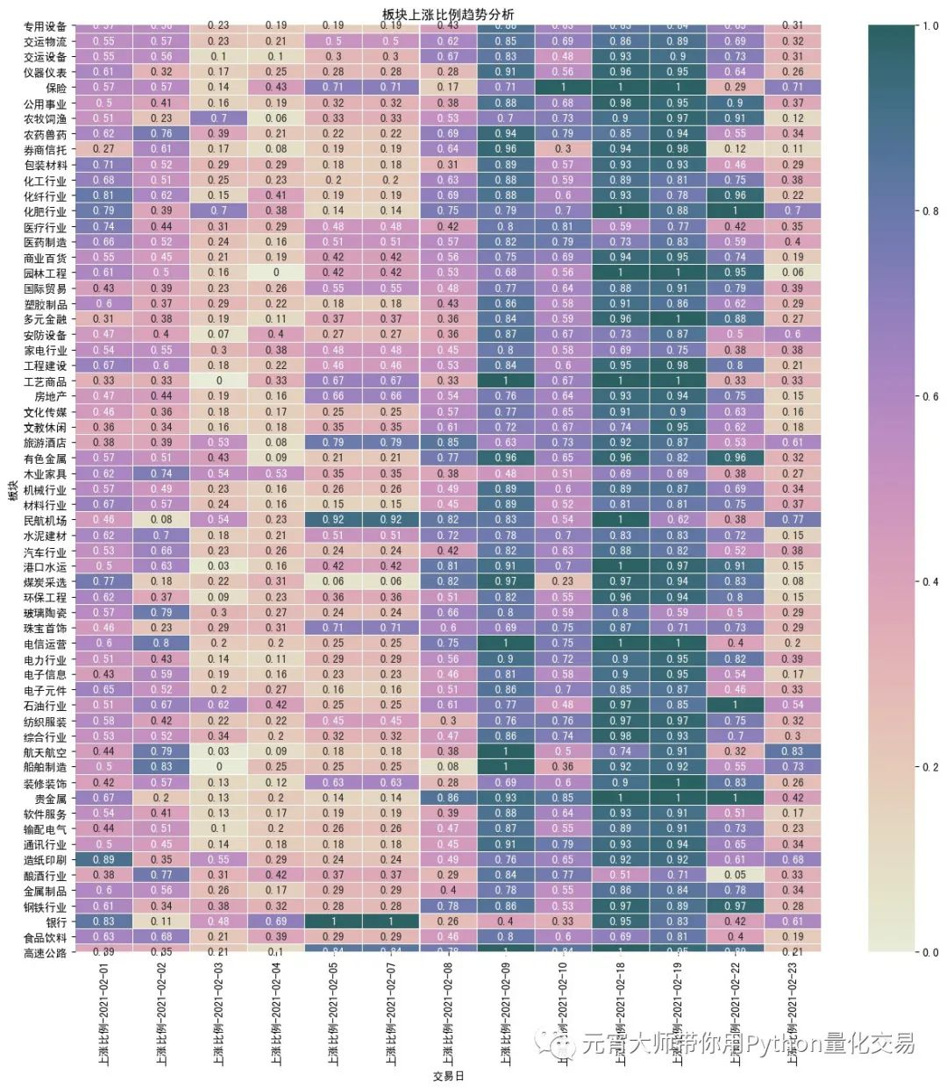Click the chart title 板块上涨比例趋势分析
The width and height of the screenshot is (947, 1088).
click(448, 14)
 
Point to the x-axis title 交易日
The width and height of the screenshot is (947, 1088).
click(448, 1076)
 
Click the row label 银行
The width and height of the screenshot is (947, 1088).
click(56, 921)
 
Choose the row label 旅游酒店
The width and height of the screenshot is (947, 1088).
click(45, 443)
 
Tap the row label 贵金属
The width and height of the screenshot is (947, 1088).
click(51, 799)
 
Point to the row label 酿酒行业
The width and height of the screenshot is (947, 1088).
click(45, 876)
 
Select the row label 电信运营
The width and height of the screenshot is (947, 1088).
click(45, 644)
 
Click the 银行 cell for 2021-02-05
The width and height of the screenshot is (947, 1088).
click(333, 921)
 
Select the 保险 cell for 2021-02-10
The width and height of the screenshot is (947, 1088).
click(563, 88)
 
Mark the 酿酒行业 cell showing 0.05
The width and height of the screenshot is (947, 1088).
click(735, 875)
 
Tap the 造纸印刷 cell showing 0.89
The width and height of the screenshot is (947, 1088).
click(103, 859)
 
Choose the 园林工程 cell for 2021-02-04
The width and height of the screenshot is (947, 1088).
click(276, 273)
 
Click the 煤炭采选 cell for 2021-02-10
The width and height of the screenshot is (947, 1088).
click(563, 581)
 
